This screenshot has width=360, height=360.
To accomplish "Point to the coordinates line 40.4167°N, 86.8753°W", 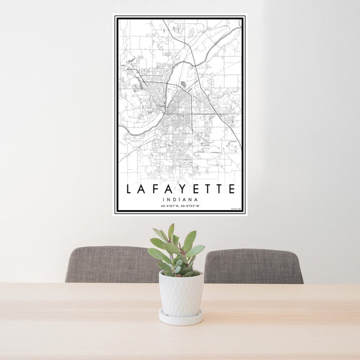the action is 180,206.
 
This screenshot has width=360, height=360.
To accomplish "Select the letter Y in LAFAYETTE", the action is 182,189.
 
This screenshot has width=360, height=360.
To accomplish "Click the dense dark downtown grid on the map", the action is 178,111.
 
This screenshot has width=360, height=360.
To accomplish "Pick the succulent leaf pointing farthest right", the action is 197,249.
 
